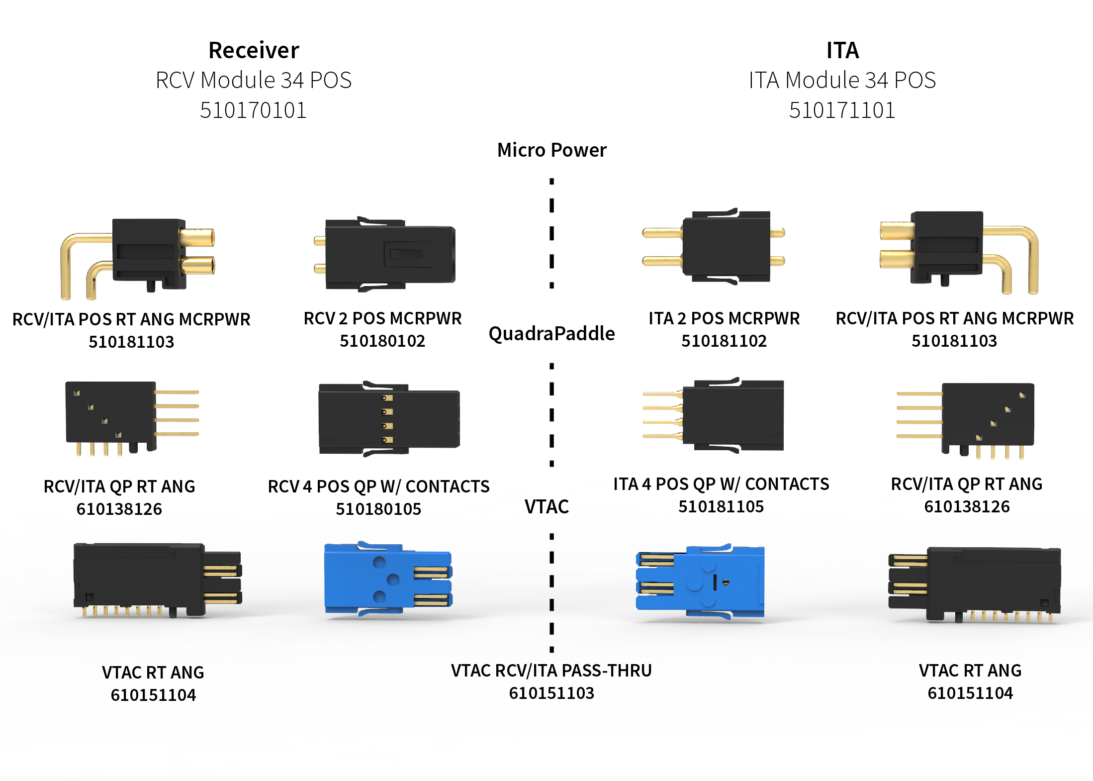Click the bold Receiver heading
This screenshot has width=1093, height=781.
pos(254,50)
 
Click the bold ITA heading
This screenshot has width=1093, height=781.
pos(842,50)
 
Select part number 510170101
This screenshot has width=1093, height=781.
pos(253,110)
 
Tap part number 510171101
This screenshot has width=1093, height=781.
pos(842,110)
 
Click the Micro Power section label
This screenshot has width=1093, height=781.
pos(551,150)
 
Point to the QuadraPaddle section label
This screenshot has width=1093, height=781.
pos(551,333)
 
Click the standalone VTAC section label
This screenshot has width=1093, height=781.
pos(546,506)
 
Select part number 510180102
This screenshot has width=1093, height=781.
pos(382,341)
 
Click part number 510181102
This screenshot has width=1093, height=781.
pos(724,341)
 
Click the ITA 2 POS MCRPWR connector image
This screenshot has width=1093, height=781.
pos(716,247)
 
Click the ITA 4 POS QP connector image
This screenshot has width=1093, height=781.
pos(721,415)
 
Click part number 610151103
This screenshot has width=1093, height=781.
pos(551,693)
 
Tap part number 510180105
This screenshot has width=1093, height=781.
pos(378,509)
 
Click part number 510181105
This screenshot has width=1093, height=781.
pos(721,506)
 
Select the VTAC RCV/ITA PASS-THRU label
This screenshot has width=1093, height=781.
pos(551,671)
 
